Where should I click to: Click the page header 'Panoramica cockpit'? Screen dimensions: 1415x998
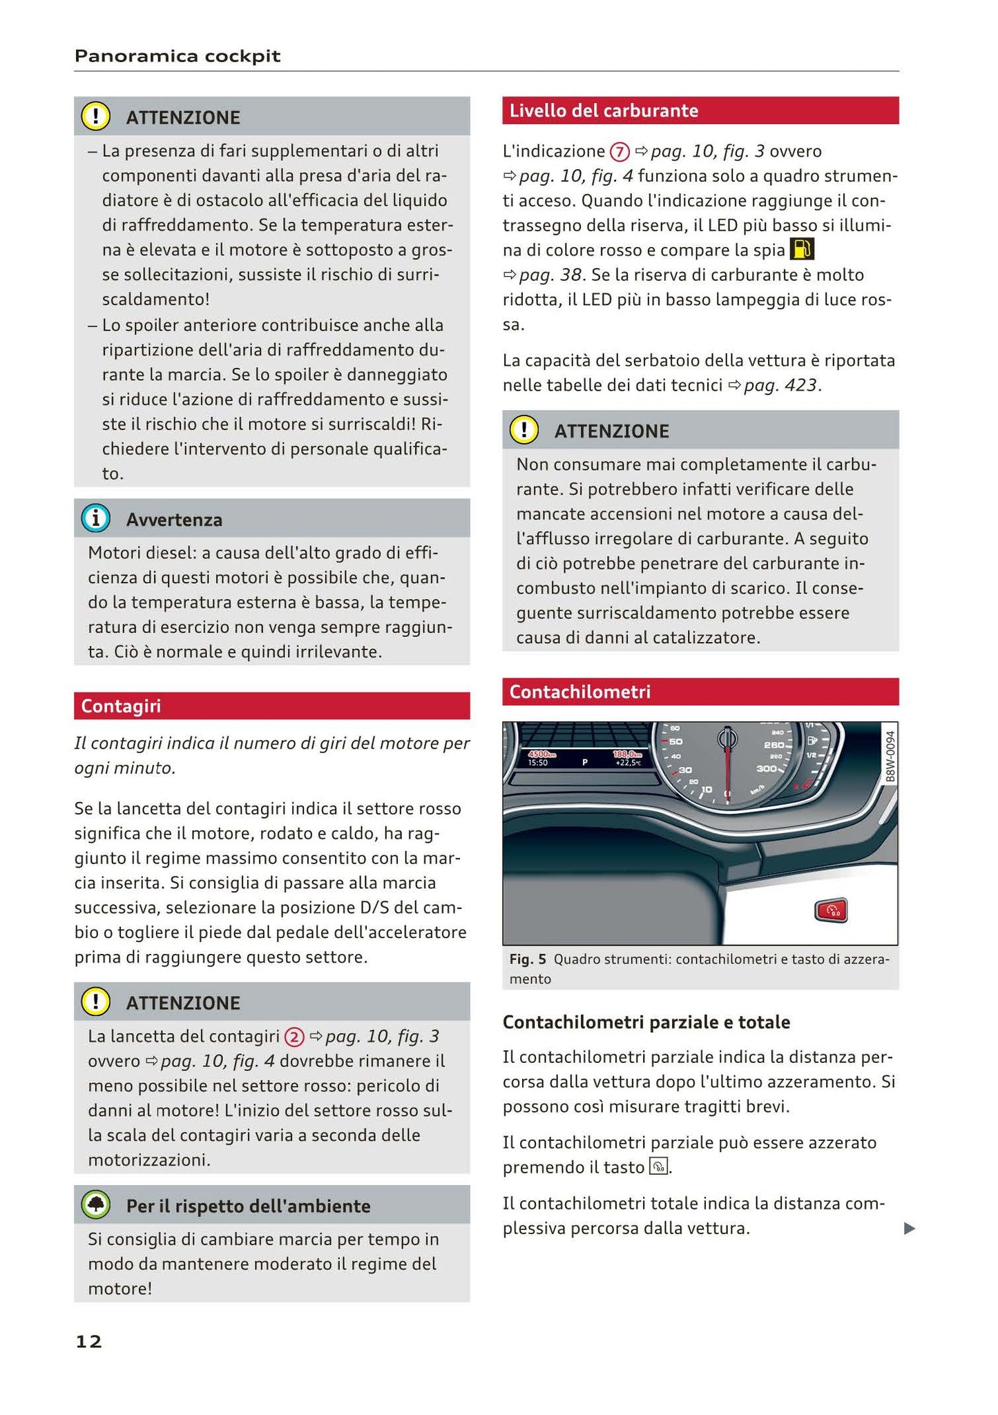pyautogui.click(x=177, y=56)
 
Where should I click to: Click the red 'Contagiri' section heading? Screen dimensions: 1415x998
pyautogui.click(x=121, y=706)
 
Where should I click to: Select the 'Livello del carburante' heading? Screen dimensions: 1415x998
pyautogui.click(x=604, y=110)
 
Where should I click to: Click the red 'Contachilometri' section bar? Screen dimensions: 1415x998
pyautogui.click(x=579, y=692)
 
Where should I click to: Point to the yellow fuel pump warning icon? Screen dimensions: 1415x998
pyautogui.click(x=802, y=249)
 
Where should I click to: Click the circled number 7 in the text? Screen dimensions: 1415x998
pyautogui.click(x=620, y=151)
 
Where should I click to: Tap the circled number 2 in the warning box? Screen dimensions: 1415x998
pyautogui.click(x=294, y=1037)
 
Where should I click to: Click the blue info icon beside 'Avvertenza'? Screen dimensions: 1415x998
pyautogui.click(x=95, y=518)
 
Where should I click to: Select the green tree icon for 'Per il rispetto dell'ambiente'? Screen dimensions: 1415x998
pyautogui.click(x=95, y=1205)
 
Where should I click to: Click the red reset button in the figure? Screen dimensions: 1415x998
pyautogui.click(x=831, y=911)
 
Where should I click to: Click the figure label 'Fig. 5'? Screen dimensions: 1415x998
pyautogui.click(x=528, y=959)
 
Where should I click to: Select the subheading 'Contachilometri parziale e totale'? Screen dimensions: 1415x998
pyautogui.click(x=646, y=1022)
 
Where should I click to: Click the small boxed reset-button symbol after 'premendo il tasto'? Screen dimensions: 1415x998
pyautogui.click(x=659, y=1167)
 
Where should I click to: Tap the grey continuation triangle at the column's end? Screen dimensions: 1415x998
pyautogui.click(x=910, y=1228)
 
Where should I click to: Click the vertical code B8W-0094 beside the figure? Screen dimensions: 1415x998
pyautogui.click(x=890, y=756)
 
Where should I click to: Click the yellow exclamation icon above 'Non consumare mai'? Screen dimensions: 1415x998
pyautogui.click(x=524, y=429)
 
